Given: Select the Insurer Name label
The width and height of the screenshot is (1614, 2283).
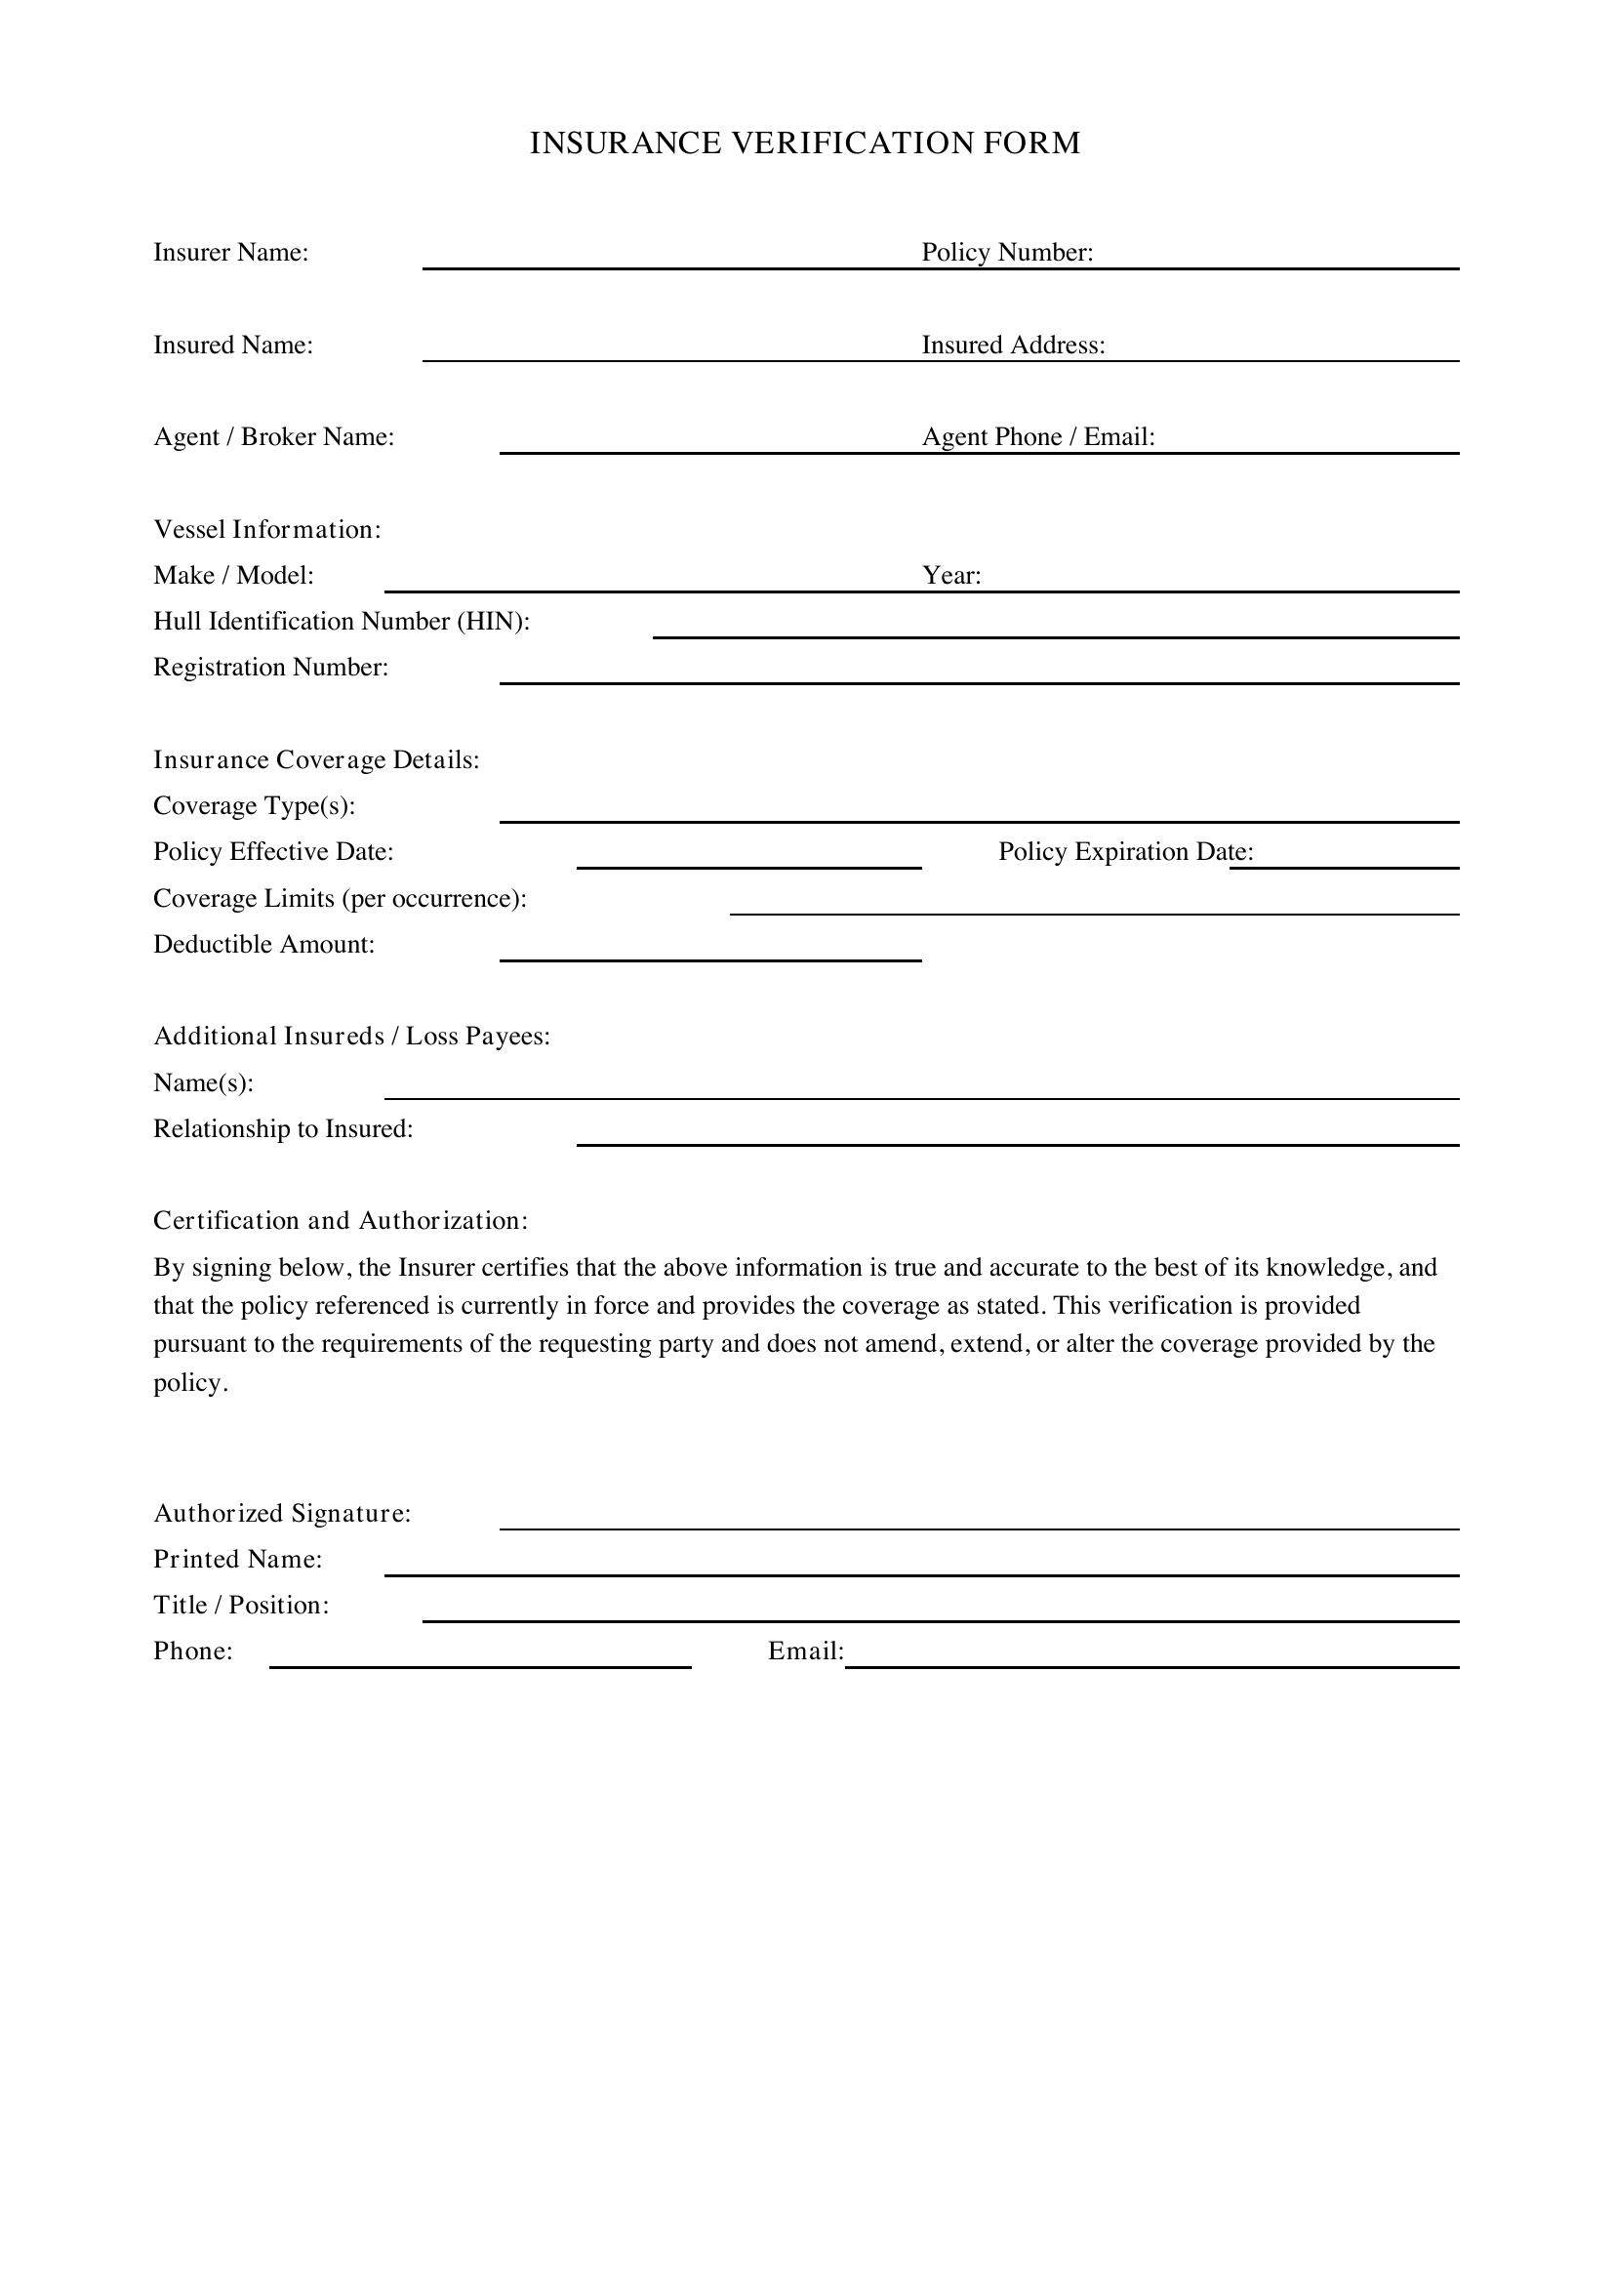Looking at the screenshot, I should click(x=230, y=253).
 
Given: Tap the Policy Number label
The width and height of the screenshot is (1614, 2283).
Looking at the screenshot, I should click(x=1007, y=253).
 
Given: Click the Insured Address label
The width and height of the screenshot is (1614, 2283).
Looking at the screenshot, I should click(x=1013, y=345).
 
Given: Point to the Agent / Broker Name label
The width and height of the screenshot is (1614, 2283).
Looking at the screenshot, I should click(x=273, y=437).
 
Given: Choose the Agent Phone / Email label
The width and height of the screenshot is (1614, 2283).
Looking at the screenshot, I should click(x=1037, y=437).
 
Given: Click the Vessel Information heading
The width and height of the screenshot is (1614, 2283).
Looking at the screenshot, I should click(x=266, y=530).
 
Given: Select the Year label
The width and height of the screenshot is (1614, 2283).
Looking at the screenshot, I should click(x=951, y=576).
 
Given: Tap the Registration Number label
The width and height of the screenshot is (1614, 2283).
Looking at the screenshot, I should click(x=270, y=668).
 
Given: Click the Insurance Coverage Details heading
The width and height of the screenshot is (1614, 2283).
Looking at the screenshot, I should click(x=316, y=759).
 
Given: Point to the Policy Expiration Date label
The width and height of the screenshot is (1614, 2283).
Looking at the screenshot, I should click(x=1125, y=852).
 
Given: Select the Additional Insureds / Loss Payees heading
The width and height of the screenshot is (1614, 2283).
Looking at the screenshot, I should click(x=351, y=1037).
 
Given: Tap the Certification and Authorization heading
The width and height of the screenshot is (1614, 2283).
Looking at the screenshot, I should click(x=340, y=1221).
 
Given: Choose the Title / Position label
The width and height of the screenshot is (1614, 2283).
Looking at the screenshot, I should click(x=240, y=1605).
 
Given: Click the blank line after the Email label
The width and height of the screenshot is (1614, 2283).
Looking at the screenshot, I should click(x=1150, y=1660).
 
